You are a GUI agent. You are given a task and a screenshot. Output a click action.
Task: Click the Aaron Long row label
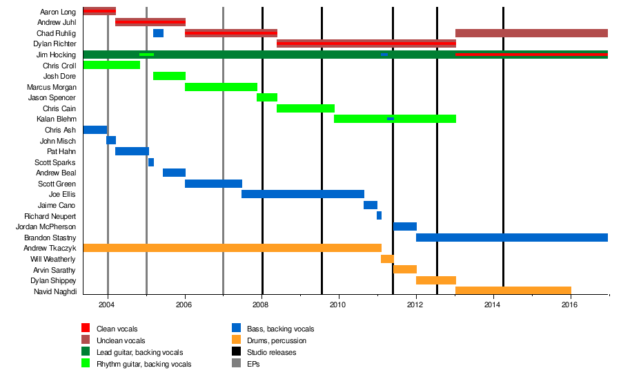click(58, 12)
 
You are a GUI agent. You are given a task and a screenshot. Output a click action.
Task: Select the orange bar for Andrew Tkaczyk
click(232, 248)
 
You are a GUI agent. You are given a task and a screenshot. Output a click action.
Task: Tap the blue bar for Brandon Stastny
click(511, 238)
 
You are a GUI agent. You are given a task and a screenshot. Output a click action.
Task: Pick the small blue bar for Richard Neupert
click(379, 215)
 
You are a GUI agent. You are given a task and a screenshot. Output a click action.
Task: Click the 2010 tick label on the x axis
click(339, 304)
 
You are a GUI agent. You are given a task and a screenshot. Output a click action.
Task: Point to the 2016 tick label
click(570, 304)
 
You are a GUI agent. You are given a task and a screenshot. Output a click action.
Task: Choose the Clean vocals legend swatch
click(86, 328)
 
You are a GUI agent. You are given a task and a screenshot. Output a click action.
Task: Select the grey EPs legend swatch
click(236, 364)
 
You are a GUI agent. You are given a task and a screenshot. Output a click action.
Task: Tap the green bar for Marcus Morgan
click(221, 87)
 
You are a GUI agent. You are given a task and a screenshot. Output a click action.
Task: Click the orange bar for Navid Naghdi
click(513, 291)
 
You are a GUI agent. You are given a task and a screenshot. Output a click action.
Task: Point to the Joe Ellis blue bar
click(302, 194)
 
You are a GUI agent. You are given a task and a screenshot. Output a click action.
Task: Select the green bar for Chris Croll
click(111, 65)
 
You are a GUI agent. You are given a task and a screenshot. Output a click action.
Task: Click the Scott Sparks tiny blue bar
click(151, 162)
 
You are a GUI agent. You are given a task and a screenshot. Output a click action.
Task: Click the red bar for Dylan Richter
click(366, 43)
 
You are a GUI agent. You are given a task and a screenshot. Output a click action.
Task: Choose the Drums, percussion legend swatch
click(236, 340)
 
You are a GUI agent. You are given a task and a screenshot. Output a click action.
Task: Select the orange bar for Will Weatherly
click(387, 259)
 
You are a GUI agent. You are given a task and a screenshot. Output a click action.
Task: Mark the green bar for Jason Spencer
click(266, 97)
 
